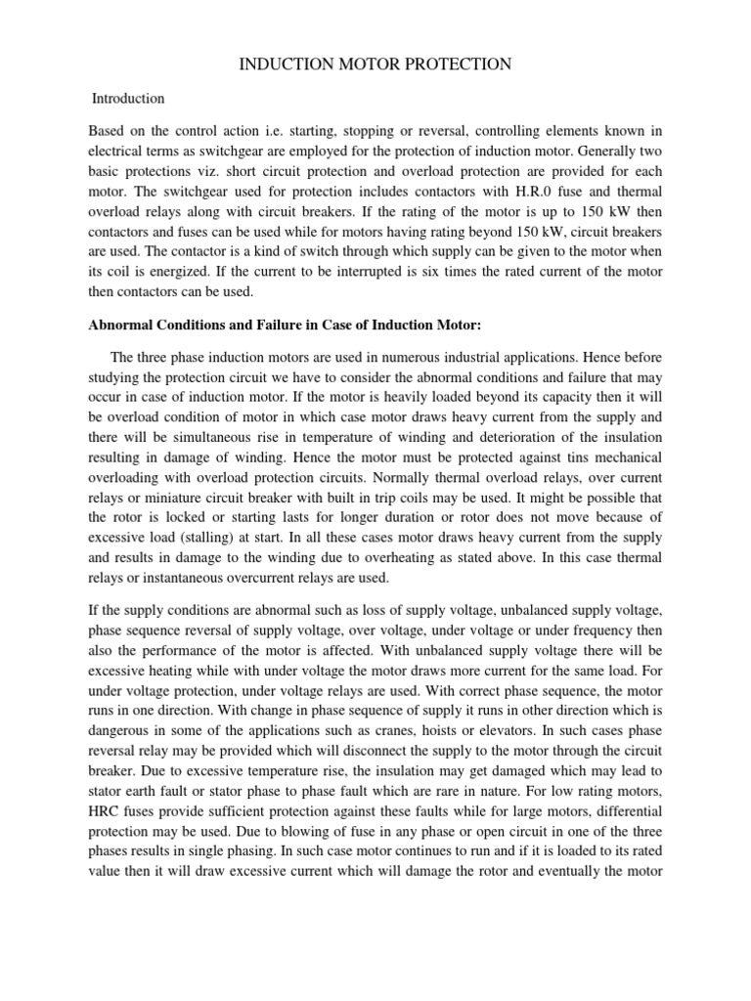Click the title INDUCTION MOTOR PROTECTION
pyautogui.click(x=375, y=65)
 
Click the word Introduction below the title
pyautogui.click(x=128, y=99)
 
